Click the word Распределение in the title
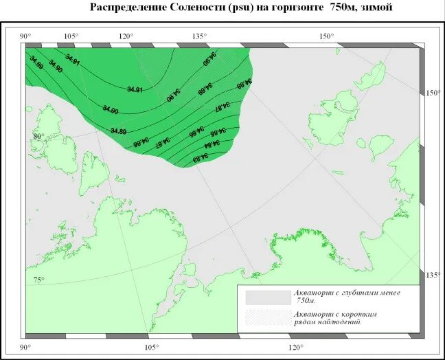point(128,8)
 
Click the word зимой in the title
point(376,8)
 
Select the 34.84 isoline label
point(212,144)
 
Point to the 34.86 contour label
point(196,128)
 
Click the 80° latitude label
point(38,136)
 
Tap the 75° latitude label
point(38,280)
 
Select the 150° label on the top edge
point(326,36)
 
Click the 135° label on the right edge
point(432,275)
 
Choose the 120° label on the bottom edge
point(295,347)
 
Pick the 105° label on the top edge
point(71,36)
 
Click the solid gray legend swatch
point(268,297)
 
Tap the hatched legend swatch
point(268,317)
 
